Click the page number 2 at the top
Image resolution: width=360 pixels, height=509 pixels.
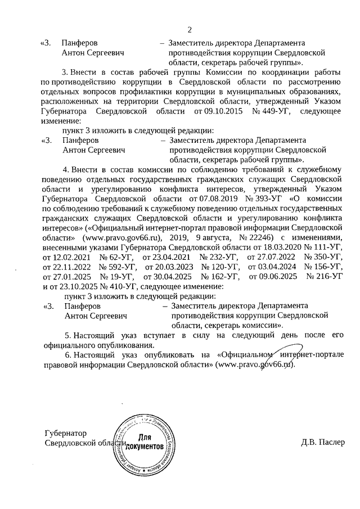click(x=190, y=30)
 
